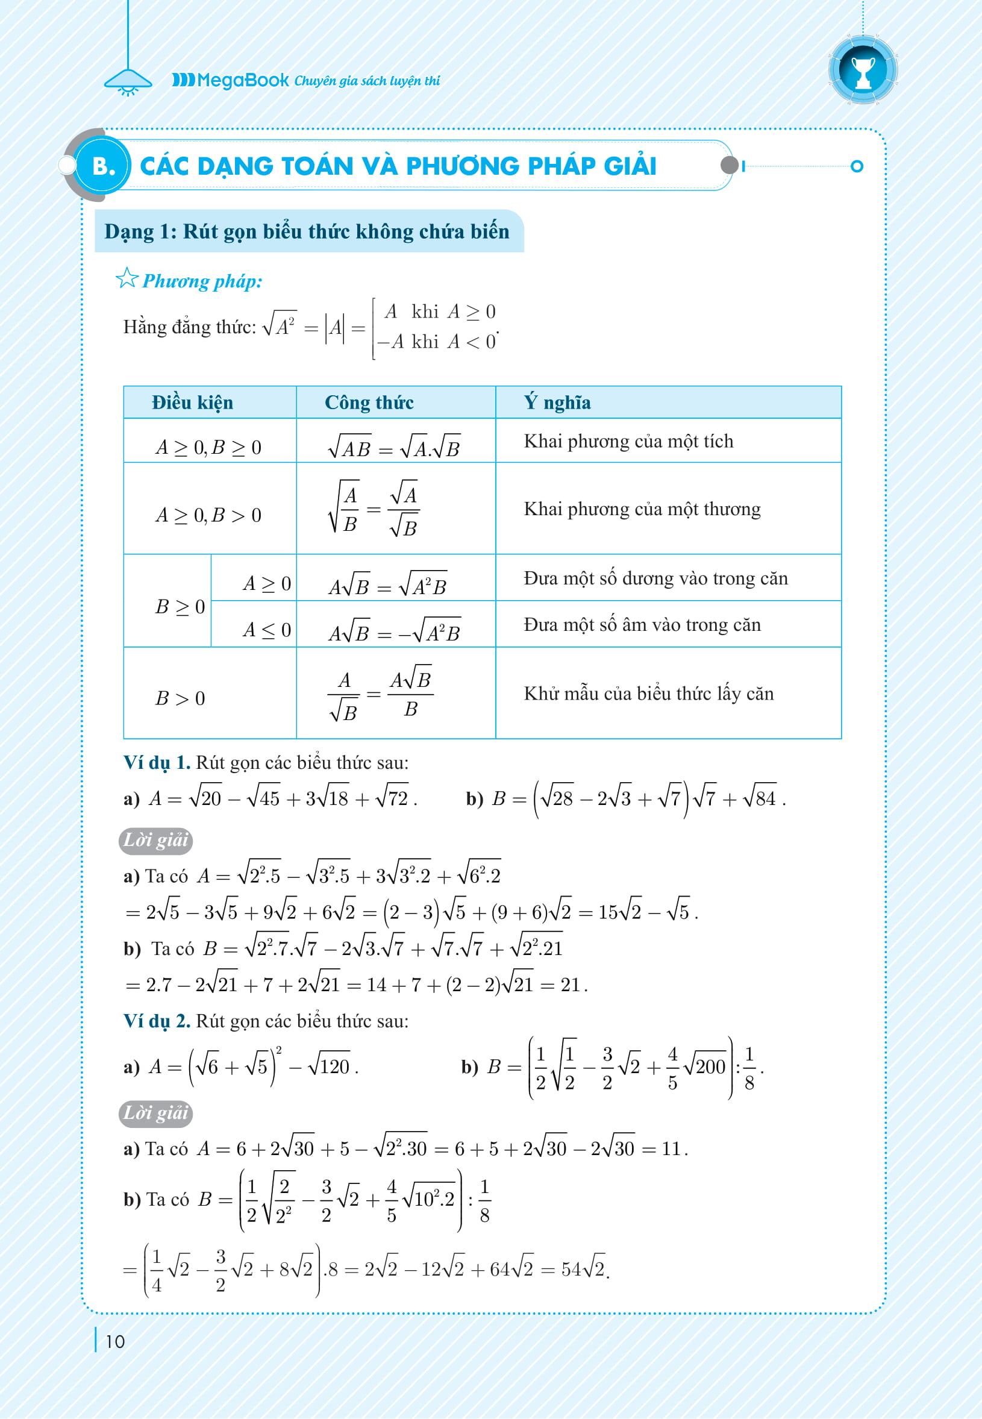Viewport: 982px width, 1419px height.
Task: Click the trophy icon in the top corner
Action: tap(863, 70)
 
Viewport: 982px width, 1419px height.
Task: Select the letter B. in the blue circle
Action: tap(104, 166)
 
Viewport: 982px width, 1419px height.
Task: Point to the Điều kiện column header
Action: tap(193, 403)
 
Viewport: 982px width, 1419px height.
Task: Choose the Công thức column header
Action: tap(369, 403)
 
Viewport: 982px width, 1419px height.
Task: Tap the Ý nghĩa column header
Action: tap(557, 403)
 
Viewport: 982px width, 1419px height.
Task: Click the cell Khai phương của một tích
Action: tap(628, 441)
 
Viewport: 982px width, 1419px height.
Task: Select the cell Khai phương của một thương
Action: tap(642, 509)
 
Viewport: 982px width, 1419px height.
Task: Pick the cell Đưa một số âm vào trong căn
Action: tap(642, 625)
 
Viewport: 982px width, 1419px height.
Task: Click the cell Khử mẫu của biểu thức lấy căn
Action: tap(648, 694)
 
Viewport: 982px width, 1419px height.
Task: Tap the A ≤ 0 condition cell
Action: tap(266, 630)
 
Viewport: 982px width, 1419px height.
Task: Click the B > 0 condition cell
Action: tap(180, 698)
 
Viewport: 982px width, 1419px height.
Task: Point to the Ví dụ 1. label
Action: tap(157, 763)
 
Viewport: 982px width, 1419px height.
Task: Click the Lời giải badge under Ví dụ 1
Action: tap(155, 841)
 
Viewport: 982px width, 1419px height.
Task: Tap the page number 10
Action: tap(115, 1341)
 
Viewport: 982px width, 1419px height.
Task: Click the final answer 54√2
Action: tap(583, 1270)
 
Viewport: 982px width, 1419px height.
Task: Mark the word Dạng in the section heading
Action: tap(128, 232)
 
